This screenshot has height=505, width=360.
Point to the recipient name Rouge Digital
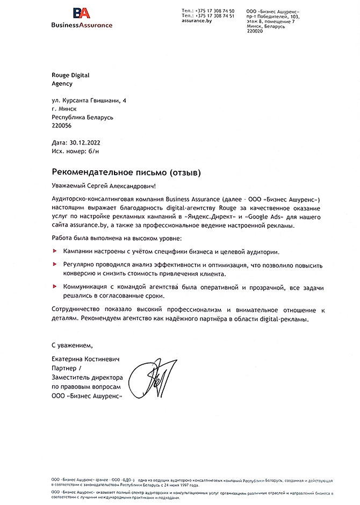coord(70,76)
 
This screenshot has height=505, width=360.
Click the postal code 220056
coord(61,125)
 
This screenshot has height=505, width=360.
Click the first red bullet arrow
coord(55,251)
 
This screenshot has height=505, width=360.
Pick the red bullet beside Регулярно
coord(55,265)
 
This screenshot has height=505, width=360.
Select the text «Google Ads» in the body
coord(263,216)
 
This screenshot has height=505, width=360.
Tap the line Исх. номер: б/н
coord(77,152)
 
